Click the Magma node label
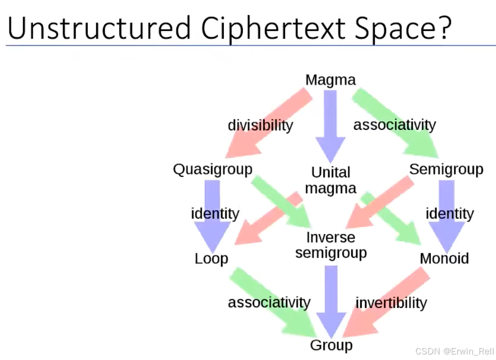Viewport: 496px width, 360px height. tap(330, 80)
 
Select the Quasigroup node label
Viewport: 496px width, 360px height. tap(212, 169)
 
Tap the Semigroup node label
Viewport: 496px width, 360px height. tap(446, 169)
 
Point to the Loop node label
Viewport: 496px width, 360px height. tap(211, 259)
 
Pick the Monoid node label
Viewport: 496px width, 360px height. tap(444, 259)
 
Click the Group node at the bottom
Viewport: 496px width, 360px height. tap(331, 345)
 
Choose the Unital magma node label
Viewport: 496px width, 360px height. tap(331, 181)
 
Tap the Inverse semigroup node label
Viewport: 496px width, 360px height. tap(331, 245)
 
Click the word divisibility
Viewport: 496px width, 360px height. tap(260, 125)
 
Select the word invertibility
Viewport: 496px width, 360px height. tap(391, 303)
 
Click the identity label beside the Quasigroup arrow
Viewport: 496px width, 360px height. tap(215, 214)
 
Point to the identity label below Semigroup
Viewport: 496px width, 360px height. tap(449, 214)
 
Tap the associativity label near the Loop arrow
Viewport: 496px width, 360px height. tap(269, 303)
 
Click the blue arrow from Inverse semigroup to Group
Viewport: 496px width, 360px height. tap(331, 301)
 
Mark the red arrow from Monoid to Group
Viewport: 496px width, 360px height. tap(386, 306)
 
